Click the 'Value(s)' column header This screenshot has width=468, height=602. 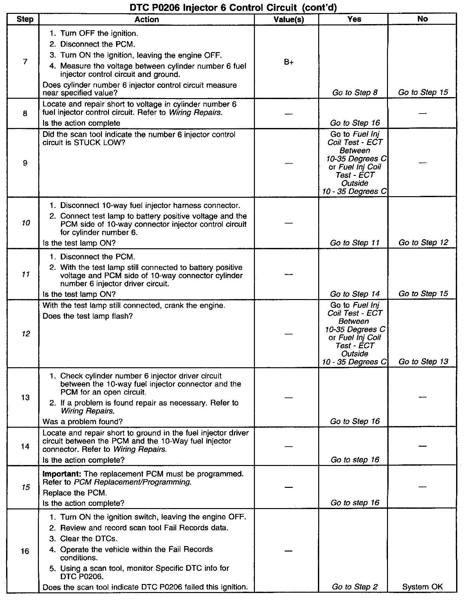(x=289, y=20)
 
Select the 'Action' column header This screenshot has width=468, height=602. (x=147, y=20)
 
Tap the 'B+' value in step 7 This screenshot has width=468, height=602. (x=289, y=62)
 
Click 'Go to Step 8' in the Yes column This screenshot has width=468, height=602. (x=355, y=93)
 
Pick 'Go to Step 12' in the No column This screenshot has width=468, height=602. (x=423, y=242)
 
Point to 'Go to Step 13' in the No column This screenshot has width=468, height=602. (x=423, y=362)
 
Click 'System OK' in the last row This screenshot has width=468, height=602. (x=422, y=587)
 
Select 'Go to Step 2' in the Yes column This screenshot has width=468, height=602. (x=355, y=587)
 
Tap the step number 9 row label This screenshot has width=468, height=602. (x=25, y=163)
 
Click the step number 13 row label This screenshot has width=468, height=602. (x=25, y=397)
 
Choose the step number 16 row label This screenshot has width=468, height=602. (x=25, y=551)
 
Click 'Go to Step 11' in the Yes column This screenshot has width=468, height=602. (x=355, y=243)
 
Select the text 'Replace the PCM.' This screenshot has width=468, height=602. (x=75, y=493)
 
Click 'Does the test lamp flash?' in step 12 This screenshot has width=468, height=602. (x=88, y=316)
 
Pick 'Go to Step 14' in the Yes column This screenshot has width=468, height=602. (x=355, y=294)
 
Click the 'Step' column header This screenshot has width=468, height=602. (x=25, y=20)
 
